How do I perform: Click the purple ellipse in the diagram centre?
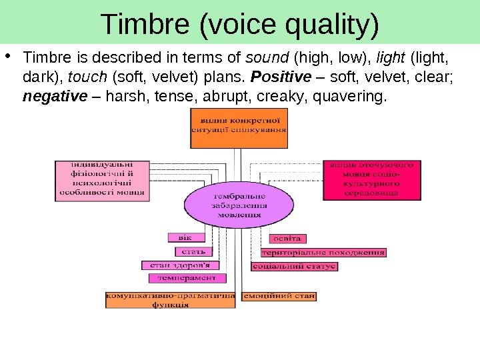click(x=239, y=206)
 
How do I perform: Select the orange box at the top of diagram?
click(x=239, y=129)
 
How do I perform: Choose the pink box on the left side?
click(x=101, y=179)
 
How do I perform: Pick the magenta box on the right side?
click(x=372, y=179)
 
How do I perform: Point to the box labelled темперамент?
click(x=187, y=277)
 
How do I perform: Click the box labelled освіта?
click(x=289, y=238)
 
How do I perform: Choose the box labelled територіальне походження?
click(x=323, y=253)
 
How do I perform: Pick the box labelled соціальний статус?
click(x=294, y=266)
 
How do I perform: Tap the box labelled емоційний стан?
click(x=279, y=295)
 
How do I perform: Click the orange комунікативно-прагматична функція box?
click(x=171, y=299)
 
